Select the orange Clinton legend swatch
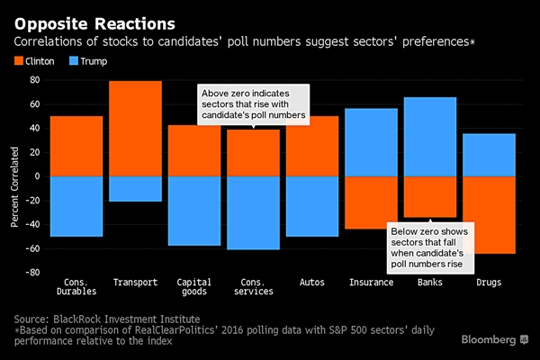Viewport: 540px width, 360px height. coord(22,61)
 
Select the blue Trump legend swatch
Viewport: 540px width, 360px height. coord(75,61)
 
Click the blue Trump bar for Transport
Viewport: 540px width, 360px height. coord(135,188)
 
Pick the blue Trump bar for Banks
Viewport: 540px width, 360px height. coord(429,136)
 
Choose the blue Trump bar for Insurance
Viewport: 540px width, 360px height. coord(371,141)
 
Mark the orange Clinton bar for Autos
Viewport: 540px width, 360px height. coord(311,146)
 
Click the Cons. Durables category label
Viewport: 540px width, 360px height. coord(76,288)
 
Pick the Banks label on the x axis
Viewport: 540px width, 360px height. coord(429,283)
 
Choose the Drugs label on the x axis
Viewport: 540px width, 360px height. coord(488,283)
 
